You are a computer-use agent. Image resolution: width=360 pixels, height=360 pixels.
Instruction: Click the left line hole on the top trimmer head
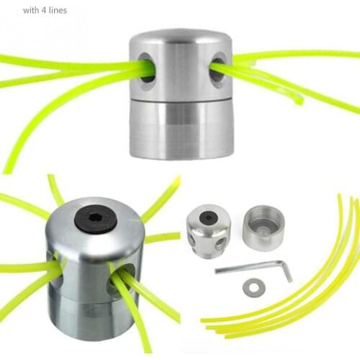(x=147, y=68)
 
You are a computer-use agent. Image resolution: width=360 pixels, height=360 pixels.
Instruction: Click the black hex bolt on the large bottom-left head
(x=96, y=218)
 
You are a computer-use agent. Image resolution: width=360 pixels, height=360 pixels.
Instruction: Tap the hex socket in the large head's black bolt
(x=95, y=217)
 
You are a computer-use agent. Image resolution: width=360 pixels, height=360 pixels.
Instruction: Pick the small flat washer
(x=254, y=287)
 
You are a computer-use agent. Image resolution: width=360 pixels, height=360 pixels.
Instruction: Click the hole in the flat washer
(x=254, y=287)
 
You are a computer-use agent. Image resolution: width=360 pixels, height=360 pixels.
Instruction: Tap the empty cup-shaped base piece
(x=264, y=228)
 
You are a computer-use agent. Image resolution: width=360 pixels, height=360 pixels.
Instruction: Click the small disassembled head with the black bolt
(x=209, y=231)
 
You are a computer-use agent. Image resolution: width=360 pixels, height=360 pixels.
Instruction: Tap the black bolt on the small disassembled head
(x=208, y=217)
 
